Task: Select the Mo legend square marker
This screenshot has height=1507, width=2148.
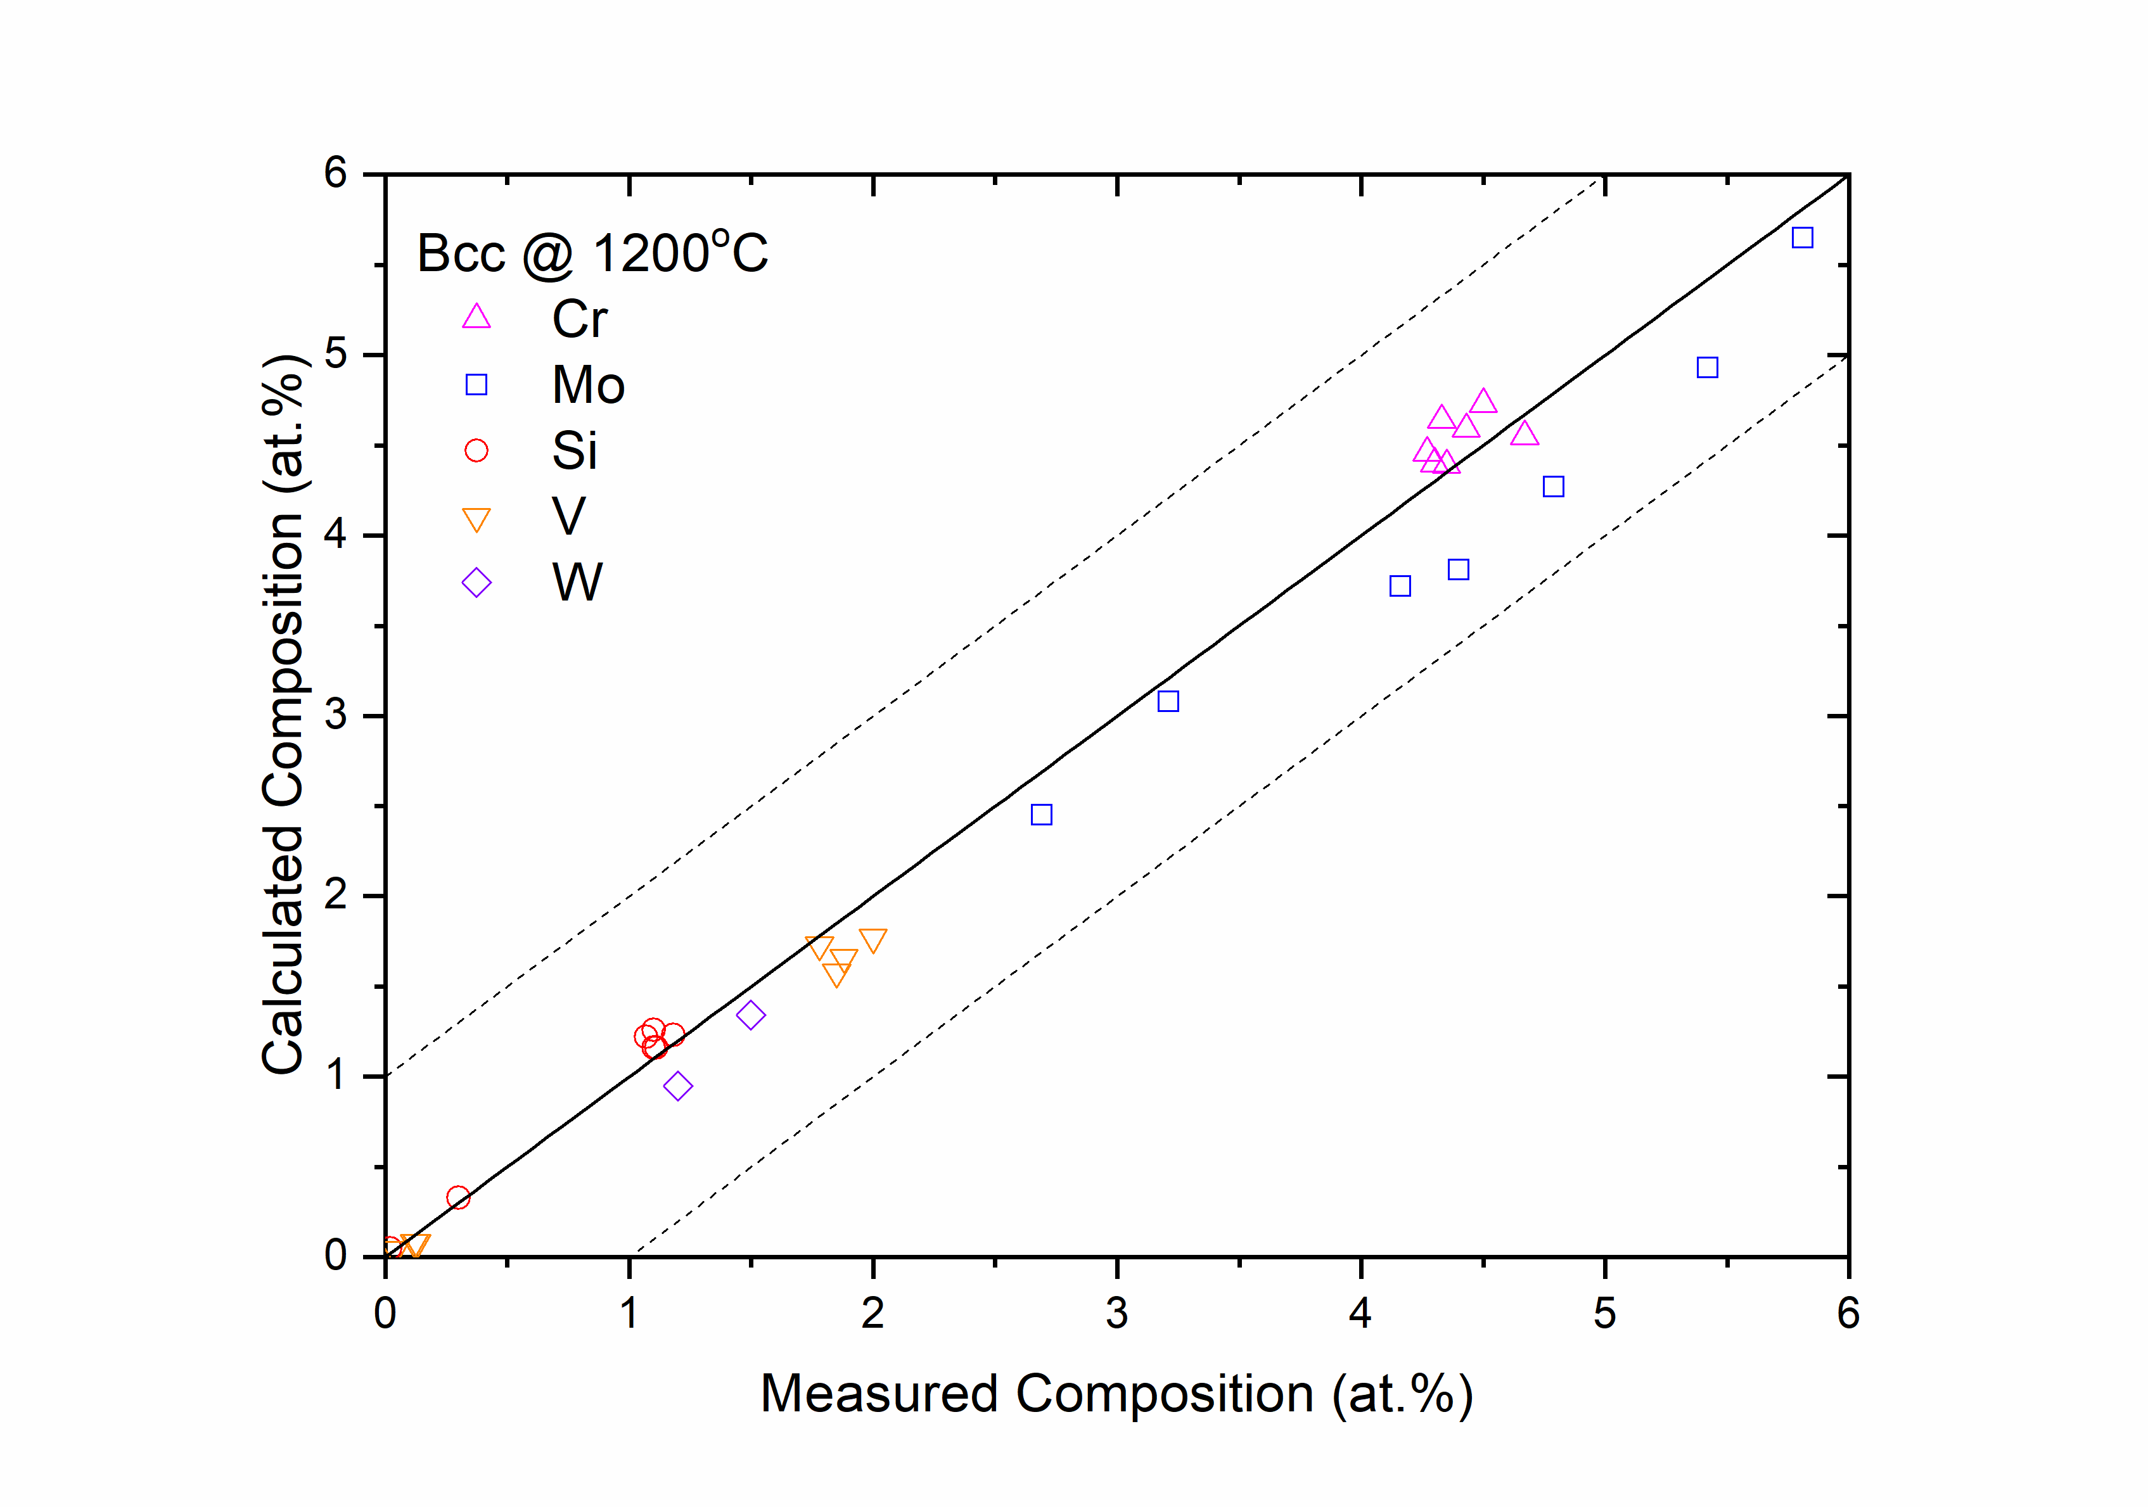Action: point(476,385)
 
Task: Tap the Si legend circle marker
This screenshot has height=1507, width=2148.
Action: point(476,451)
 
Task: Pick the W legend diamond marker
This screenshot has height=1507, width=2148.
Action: point(476,583)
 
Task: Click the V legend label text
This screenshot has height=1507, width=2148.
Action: point(568,516)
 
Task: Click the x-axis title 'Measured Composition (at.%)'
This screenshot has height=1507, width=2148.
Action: point(1116,1394)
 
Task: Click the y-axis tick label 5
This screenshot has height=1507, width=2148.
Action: point(336,355)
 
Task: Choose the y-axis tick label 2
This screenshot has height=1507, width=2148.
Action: point(336,896)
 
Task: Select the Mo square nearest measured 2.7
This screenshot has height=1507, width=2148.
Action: point(1041,815)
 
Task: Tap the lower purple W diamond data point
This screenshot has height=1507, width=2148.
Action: point(678,1086)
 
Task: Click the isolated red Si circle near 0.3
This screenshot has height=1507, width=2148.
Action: point(457,1197)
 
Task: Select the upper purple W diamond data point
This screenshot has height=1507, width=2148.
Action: point(750,1015)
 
